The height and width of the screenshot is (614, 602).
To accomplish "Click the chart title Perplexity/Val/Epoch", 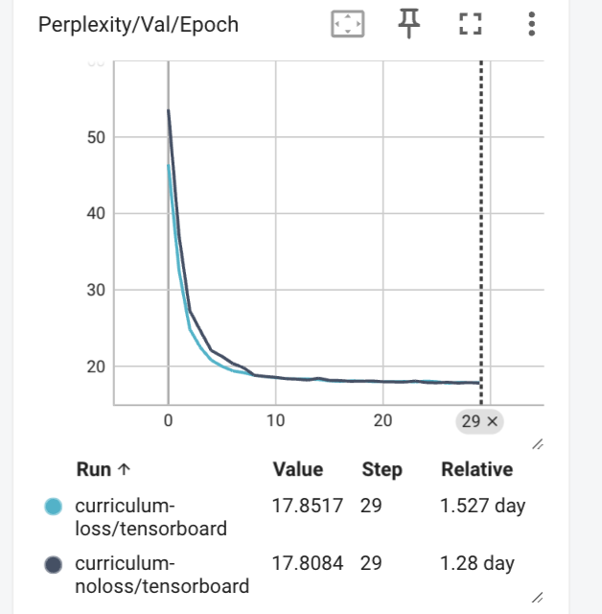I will point(138,25).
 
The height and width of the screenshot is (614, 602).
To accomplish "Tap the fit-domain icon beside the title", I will point(348,24).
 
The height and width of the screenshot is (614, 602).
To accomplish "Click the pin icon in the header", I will point(409,24).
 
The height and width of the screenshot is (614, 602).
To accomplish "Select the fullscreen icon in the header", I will point(470,24).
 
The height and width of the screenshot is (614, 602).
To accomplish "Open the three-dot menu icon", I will point(531,24).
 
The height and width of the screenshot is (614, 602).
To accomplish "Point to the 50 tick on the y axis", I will point(95,137).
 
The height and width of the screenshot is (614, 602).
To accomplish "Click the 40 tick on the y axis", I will point(95,213).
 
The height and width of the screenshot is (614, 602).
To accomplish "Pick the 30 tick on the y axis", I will point(95,290).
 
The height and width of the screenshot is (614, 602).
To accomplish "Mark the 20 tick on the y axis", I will point(95,366).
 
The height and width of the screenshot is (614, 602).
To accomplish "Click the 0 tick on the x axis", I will point(169,420).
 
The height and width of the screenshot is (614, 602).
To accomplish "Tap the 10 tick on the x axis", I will point(276,420).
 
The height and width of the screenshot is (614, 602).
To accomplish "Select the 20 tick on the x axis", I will point(383,420).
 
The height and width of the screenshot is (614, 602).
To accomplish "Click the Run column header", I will point(103,470).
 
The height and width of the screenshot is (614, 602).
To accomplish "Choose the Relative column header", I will point(476,470).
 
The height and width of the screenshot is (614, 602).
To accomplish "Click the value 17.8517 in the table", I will point(308,506).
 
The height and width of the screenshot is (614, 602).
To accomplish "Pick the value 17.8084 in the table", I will point(308,563).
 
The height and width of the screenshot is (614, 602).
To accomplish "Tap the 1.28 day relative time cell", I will point(477,563).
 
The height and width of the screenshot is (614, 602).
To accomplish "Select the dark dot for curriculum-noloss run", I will point(55,564).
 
